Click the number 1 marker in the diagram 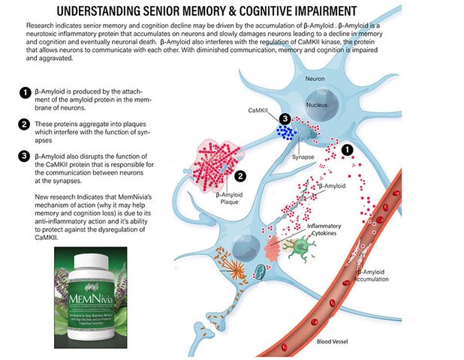click(347, 150)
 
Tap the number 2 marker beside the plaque click(240, 176)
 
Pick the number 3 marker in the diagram click(285, 119)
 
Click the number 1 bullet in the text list click(25, 93)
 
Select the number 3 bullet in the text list click(25, 155)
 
